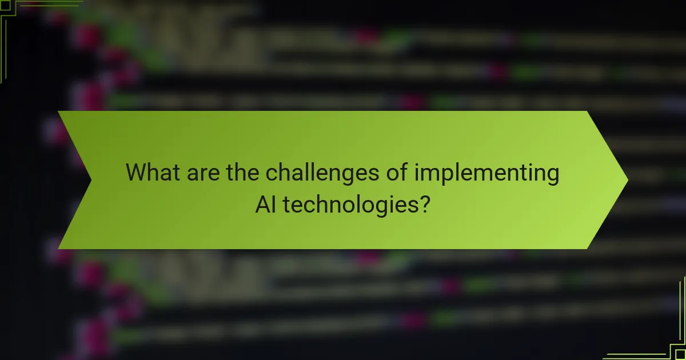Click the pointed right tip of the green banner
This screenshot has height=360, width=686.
[627, 180]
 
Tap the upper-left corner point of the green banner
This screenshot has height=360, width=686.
[58, 111]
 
